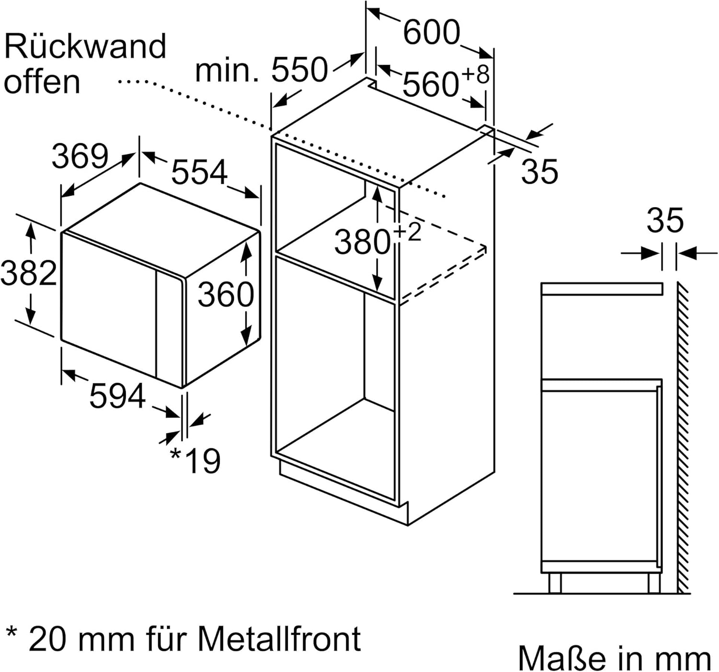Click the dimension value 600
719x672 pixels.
point(431,33)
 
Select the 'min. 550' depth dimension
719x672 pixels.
point(262,70)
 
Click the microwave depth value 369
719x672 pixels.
point(80,156)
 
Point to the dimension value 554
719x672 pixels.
point(199,173)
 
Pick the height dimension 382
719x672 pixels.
point(29,274)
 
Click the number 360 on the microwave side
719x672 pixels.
point(226,294)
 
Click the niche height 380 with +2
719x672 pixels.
point(376,240)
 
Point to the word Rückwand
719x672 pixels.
point(85,46)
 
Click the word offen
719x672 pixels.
point(42,82)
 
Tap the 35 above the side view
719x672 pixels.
point(665,221)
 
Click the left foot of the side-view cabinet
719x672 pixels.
point(555,583)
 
